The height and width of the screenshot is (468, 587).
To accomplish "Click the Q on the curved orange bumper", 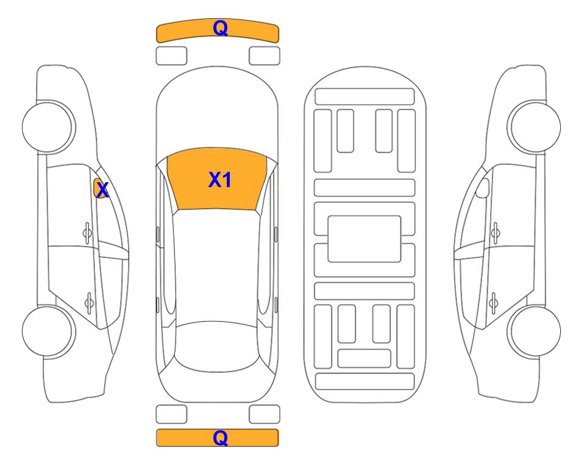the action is [x=220, y=28].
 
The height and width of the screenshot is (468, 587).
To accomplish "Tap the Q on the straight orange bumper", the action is [x=220, y=438].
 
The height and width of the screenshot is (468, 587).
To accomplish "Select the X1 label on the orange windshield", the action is [x=220, y=180].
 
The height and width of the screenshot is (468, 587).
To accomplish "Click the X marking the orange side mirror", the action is [x=102, y=190].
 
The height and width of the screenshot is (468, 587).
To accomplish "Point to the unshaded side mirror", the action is [x=483, y=188].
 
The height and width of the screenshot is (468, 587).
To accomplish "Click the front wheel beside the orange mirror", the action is [x=49, y=127].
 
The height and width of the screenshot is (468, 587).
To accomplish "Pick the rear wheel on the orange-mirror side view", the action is [x=49, y=331].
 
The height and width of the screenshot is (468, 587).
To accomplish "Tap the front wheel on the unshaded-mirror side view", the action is [x=534, y=127].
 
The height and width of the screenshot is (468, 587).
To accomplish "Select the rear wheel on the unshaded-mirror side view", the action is [x=534, y=331].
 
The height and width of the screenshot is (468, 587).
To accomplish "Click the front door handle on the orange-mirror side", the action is [x=87, y=233].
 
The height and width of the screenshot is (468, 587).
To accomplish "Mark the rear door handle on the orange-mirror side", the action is [x=89, y=302].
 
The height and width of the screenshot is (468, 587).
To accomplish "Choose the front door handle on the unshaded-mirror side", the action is [x=496, y=233].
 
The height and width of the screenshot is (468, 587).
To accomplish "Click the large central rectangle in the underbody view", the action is [x=365, y=239].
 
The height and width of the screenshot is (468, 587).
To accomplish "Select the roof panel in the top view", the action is [x=217, y=266].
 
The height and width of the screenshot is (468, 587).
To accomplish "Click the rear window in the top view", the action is [x=217, y=346].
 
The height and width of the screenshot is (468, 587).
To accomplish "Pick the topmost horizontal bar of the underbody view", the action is [x=365, y=97].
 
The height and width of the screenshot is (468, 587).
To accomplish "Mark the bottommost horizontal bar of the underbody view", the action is [x=365, y=381].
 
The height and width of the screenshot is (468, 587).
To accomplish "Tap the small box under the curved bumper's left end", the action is [x=171, y=56].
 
